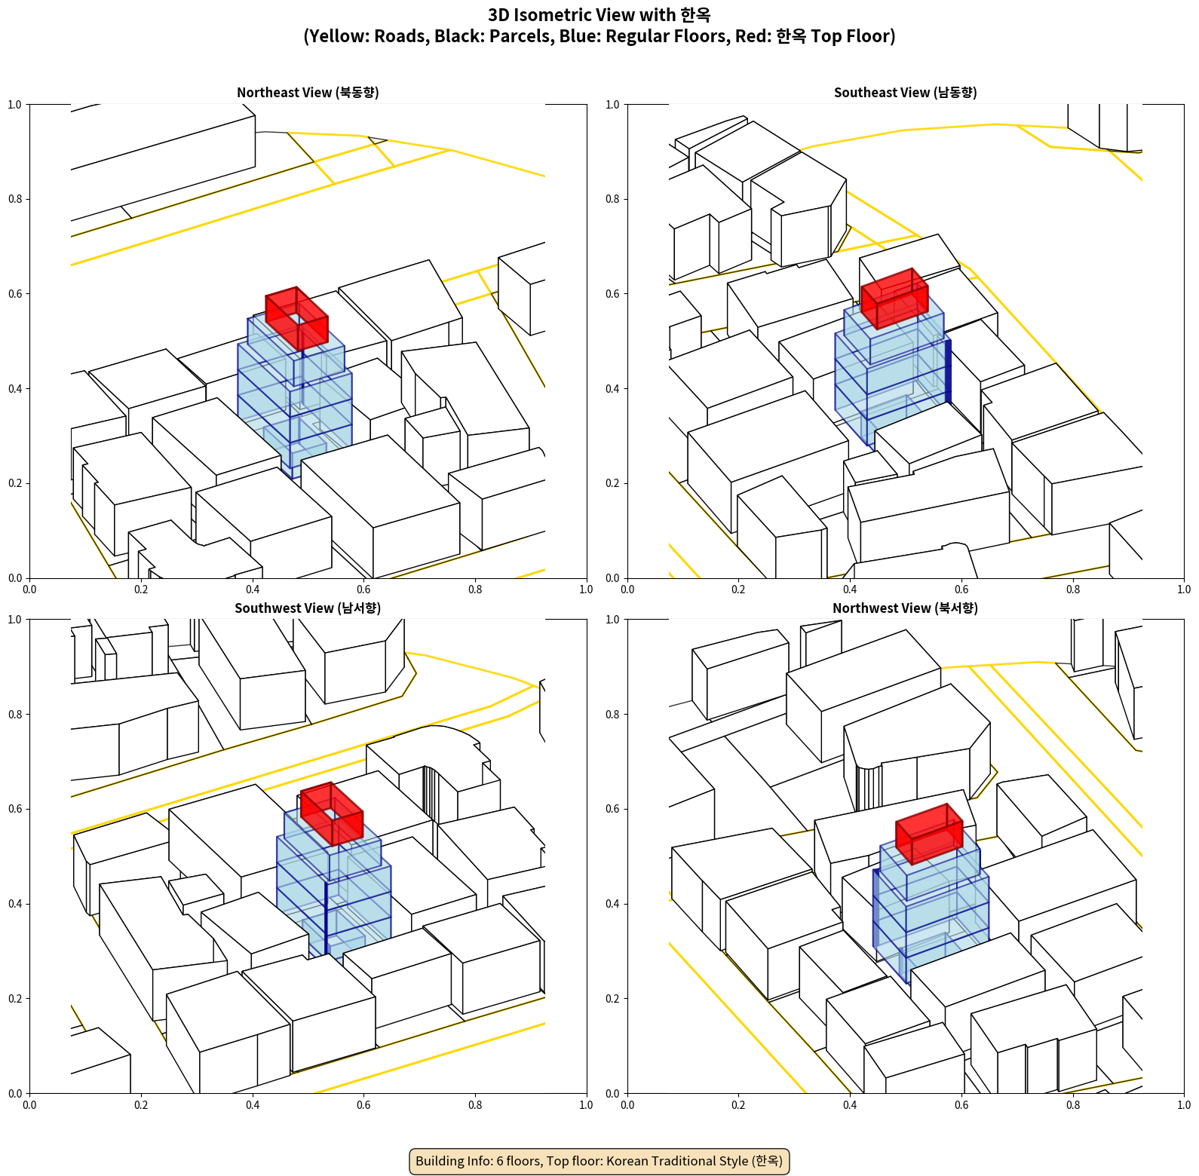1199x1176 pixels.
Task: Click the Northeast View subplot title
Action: [308, 93]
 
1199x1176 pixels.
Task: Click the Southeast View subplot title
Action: [905, 93]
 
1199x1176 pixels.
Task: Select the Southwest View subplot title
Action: [308, 608]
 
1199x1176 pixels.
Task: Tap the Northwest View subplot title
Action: [905, 608]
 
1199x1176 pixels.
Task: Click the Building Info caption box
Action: [599, 1161]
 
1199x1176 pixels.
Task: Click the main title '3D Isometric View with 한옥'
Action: [599, 15]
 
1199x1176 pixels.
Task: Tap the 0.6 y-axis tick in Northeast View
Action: [15, 294]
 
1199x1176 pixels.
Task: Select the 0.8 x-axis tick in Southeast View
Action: [1072, 590]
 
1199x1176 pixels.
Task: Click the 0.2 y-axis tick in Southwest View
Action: [15, 999]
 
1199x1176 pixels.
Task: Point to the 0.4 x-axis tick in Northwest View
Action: [850, 1105]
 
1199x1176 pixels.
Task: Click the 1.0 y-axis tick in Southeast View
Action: [612, 105]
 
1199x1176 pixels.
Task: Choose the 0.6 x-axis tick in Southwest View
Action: [363, 1105]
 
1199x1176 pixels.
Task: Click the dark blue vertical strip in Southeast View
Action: [948, 371]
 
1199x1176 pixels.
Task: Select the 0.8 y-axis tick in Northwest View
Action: [612, 715]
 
